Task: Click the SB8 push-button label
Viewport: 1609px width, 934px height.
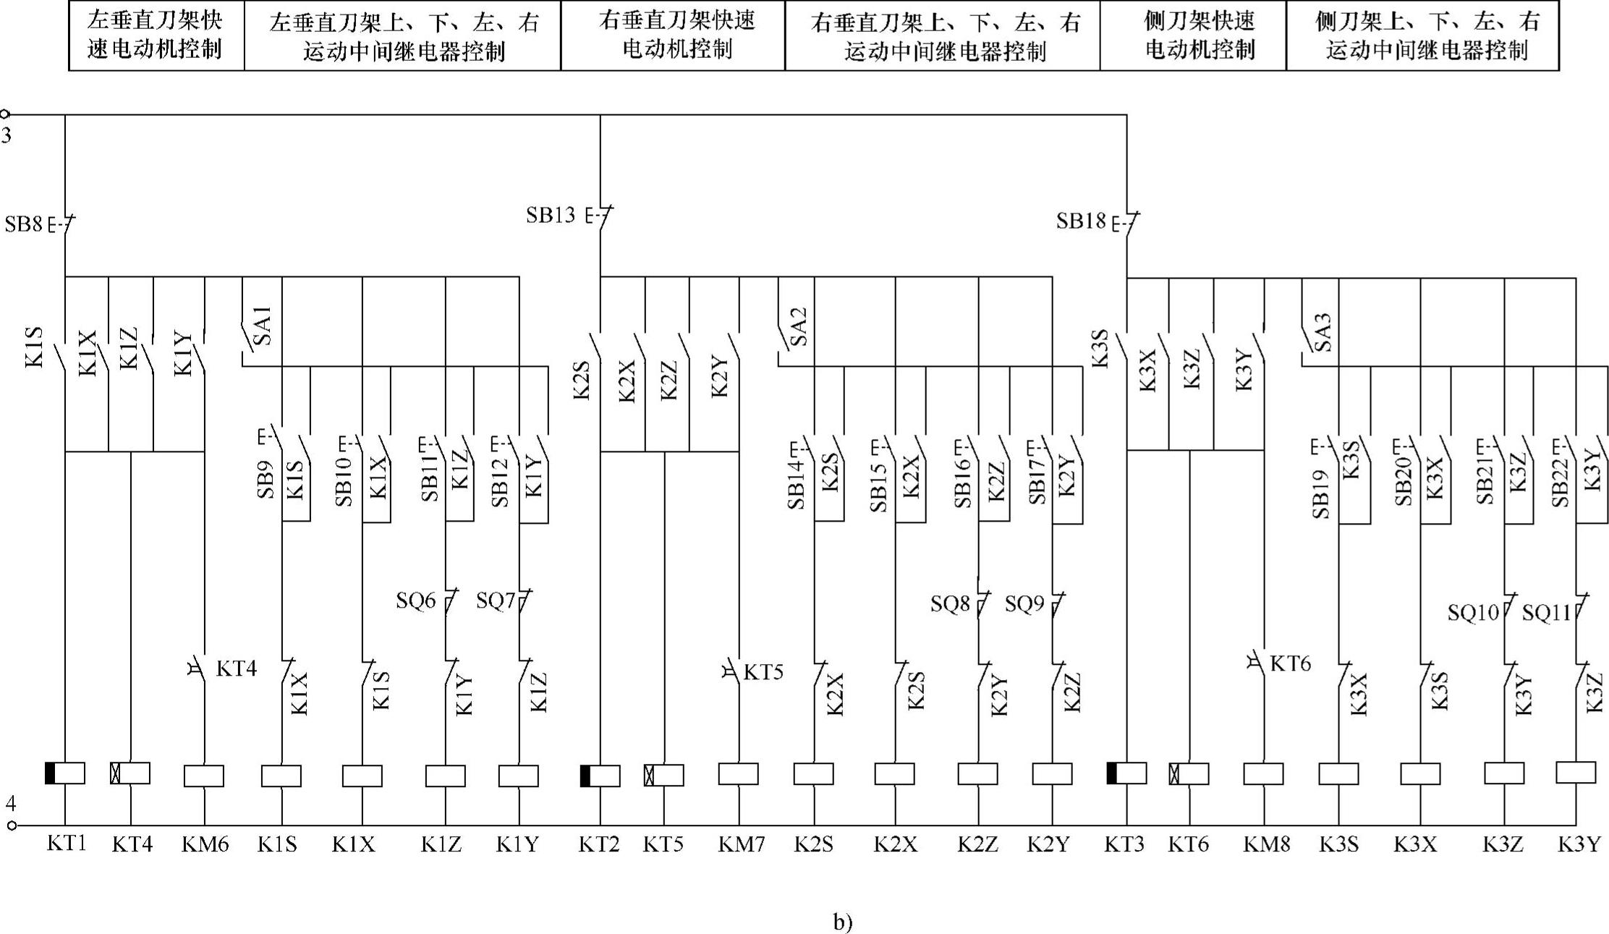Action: [24, 224]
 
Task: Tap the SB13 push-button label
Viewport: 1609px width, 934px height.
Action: [551, 215]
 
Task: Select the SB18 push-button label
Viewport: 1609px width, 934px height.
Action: [1081, 221]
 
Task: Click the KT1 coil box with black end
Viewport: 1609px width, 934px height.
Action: [65, 773]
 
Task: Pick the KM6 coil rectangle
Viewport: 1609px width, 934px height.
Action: [204, 776]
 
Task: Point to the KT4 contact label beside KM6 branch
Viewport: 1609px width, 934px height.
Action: [237, 668]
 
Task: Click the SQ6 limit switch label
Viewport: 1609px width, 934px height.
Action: [416, 600]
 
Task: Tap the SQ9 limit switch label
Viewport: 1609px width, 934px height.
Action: [1024, 603]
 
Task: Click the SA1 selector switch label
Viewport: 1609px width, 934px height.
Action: [264, 325]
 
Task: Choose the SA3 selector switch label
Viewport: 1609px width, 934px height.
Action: [1323, 332]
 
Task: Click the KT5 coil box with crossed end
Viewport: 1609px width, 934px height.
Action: [664, 776]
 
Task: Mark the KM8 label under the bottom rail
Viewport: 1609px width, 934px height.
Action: [1267, 844]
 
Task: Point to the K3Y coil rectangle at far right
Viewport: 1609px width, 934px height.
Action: [1576, 772]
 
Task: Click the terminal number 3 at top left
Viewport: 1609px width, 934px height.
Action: [7, 135]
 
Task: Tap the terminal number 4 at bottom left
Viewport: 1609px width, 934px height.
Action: [10, 804]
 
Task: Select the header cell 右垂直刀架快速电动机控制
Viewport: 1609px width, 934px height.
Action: [673, 35]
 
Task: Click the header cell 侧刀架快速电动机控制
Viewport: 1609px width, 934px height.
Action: [1193, 35]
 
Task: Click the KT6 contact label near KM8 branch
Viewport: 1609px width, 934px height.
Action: [1290, 663]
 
